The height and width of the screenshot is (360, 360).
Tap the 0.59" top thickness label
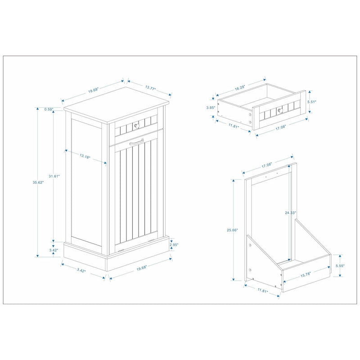pos(49,108)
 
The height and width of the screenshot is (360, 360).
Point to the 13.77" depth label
pos(149,89)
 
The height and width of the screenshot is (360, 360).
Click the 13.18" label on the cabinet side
pos(85,157)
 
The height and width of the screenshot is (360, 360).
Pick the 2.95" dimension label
pos(174,245)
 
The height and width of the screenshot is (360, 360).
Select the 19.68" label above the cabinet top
pos(94,90)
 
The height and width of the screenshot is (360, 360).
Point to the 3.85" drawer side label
pos(210,108)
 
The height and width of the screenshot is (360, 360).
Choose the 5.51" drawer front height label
pos(312,102)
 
